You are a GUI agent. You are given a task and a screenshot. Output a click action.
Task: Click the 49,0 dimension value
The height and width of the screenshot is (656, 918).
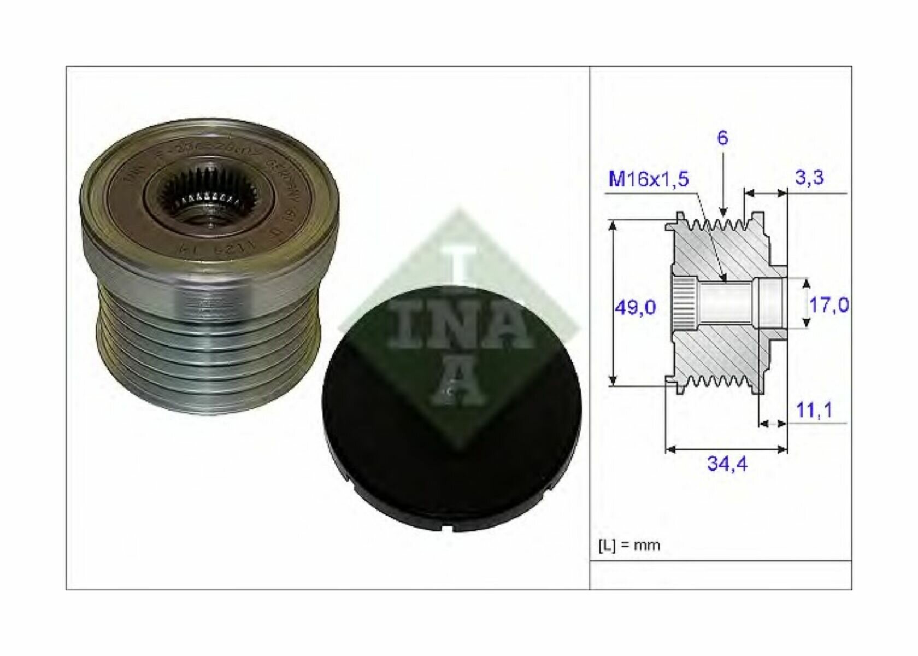tap(635, 307)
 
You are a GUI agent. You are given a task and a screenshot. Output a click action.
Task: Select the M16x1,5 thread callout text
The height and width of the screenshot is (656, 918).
tap(649, 179)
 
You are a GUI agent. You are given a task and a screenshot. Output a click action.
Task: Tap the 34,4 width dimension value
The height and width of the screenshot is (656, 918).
tap(727, 464)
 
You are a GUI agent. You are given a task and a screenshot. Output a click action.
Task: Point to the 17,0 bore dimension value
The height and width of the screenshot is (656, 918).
tap(828, 304)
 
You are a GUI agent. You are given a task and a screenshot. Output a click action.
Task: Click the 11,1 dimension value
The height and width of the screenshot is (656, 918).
tap(814, 409)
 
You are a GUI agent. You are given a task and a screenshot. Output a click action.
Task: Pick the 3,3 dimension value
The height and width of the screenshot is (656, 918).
tap(809, 178)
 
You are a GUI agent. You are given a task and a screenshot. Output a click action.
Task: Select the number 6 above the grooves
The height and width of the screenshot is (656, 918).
tap(722, 138)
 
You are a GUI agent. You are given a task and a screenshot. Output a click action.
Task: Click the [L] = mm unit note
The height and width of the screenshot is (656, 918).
tap(629, 545)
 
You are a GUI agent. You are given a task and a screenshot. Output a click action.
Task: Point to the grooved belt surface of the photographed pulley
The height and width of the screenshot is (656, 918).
tap(208, 350)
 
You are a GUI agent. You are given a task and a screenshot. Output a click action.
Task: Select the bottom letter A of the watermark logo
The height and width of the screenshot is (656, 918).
tap(458, 383)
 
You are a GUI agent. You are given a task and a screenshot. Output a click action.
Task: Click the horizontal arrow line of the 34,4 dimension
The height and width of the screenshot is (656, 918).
tap(727, 449)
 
